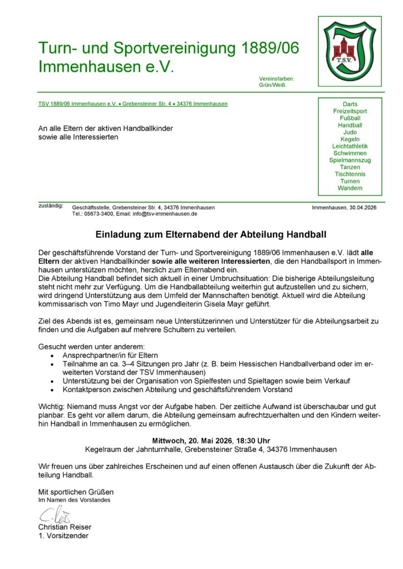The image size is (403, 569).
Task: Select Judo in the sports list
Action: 350,132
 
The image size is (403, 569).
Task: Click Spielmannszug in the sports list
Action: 350,160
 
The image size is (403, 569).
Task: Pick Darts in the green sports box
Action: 350,104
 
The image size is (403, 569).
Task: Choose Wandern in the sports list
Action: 350,188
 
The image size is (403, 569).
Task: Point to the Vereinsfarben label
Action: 277,79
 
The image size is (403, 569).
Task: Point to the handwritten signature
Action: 52,515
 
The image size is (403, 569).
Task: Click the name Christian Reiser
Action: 65,527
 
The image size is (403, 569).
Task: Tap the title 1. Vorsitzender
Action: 63,536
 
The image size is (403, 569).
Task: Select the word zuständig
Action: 51,206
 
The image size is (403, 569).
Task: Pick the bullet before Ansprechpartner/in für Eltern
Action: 52,356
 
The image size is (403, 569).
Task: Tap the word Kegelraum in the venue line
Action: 103,449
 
